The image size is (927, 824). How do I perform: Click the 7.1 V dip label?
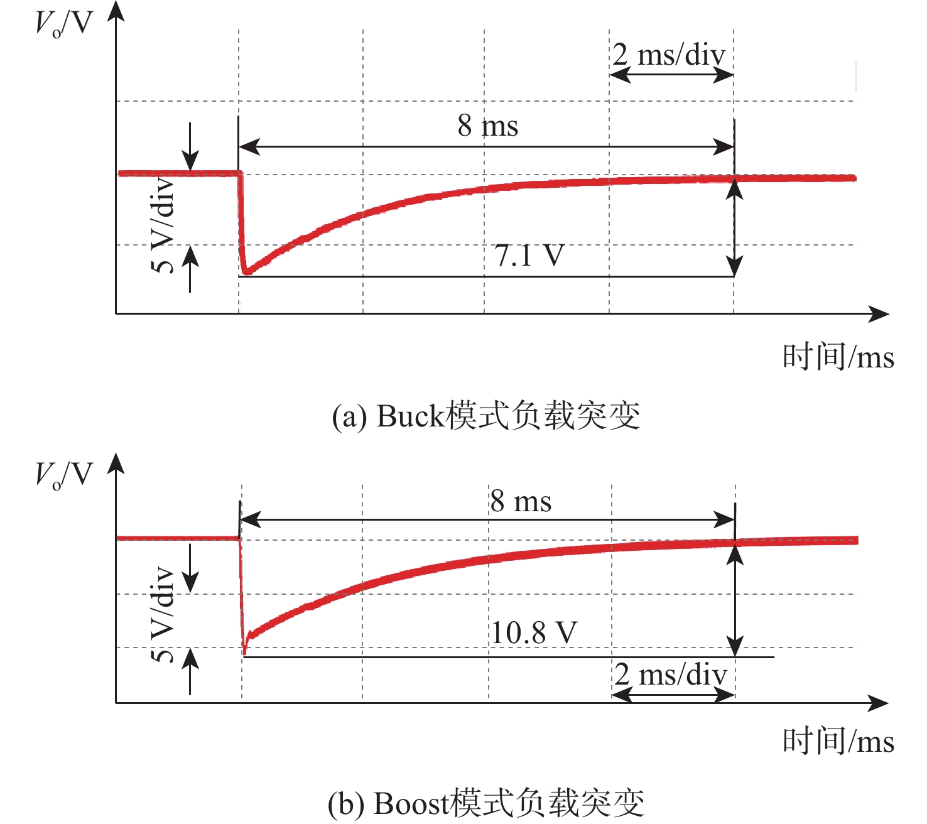click(x=529, y=255)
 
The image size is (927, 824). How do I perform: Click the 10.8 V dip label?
click(x=534, y=633)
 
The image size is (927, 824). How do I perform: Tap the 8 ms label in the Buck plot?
click(x=488, y=126)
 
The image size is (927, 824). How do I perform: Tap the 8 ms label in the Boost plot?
click(x=521, y=501)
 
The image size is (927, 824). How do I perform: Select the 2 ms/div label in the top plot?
click(x=668, y=55)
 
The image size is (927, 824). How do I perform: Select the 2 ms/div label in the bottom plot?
click(x=670, y=675)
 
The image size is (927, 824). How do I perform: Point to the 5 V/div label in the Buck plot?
click(x=163, y=225)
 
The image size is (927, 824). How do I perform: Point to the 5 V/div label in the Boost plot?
click(x=163, y=614)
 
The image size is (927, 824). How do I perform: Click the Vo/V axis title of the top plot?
click(x=65, y=24)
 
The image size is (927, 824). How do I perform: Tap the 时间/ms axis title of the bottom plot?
click(x=838, y=741)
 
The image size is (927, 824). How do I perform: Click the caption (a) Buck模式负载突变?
click(x=486, y=416)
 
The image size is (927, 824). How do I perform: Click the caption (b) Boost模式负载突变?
click(x=486, y=803)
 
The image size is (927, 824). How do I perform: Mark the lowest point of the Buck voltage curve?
click(x=246, y=273)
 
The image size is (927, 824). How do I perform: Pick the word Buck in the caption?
click(x=410, y=416)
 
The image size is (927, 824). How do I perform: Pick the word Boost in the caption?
click(x=411, y=804)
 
